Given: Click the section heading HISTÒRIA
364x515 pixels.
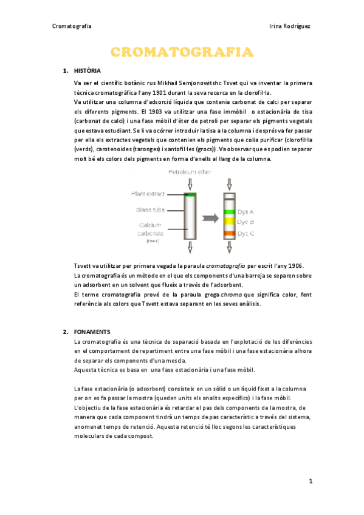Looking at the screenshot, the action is click(87, 70).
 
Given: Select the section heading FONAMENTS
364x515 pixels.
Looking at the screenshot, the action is click(91, 332).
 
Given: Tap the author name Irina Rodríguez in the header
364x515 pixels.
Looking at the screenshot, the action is click(289, 27).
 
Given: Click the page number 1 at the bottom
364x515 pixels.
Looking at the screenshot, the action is click(310, 482).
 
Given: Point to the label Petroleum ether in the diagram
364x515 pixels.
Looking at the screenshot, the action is click(190, 172).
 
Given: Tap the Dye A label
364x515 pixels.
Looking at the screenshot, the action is click(246, 212).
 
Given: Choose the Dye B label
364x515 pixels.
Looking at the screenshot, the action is click(246, 222).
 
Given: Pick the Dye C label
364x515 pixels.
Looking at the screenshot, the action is click(246, 233).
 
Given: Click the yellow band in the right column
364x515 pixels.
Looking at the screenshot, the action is click(230, 222).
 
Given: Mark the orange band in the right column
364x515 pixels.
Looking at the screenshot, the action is click(230, 233).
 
